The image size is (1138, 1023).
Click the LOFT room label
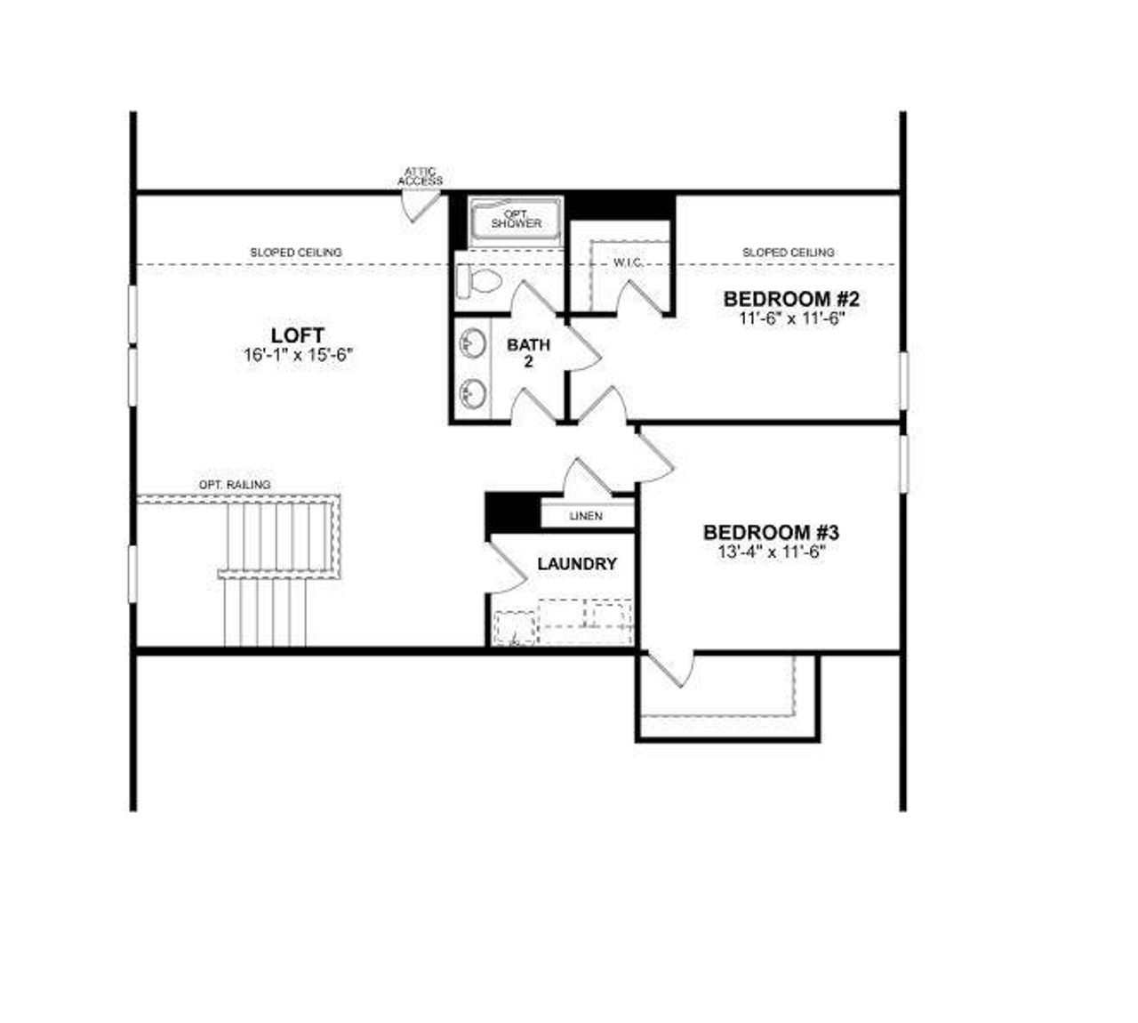click(x=297, y=334)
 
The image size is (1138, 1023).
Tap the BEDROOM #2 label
click(x=790, y=298)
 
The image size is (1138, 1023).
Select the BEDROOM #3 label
click(x=771, y=532)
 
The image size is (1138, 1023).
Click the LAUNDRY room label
click(x=577, y=564)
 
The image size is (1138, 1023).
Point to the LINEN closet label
click(x=585, y=516)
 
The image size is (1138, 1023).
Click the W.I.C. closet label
click(x=628, y=263)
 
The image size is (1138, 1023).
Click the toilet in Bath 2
click(x=477, y=282)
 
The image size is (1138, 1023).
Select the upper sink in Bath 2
click(x=473, y=342)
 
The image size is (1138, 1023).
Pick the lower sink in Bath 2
click(x=473, y=391)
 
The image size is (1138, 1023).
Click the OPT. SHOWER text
click(x=516, y=219)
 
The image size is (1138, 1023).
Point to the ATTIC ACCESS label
click(x=420, y=176)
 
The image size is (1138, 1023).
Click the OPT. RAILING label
click(x=235, y=485)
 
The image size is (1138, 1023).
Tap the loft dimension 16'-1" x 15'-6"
click(x=299, y=354)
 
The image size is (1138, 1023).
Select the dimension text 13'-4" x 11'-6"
click(x=771, y=552)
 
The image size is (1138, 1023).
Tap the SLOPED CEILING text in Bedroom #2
click(x=789, y=253)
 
